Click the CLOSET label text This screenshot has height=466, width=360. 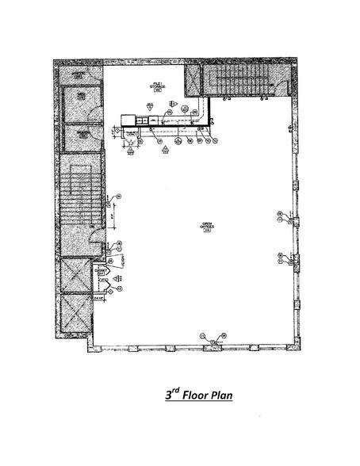pyautogui.click(x=101, y=272)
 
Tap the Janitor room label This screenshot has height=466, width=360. pyautogui.click(x=78, y=74)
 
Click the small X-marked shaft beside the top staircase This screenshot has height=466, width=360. pyautogui.click(x=193, y=78)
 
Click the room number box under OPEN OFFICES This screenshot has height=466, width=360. pyautogui.click(x=207, y=233)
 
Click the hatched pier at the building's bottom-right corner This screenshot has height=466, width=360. pyautogui.click(x=294, y=347)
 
